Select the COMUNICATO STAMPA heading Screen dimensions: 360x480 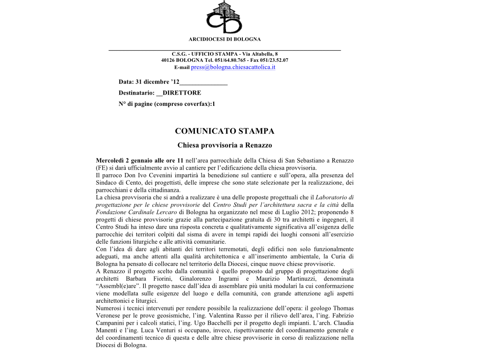pyautogui.click(x=225, y=131)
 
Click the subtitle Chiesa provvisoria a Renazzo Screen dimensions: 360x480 pyautogui.click(x=225, y=145)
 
